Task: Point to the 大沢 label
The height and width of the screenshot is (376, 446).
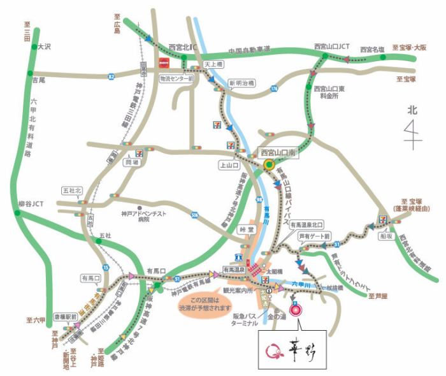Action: click(x=44, y=47)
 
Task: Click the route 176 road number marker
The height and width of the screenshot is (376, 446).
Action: click(x=275, y=88)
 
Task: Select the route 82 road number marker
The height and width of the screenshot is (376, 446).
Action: click(x=111, y=76)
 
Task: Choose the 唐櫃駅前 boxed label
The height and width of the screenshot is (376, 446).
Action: click(x=66, y=316)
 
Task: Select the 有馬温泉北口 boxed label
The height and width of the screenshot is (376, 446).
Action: click(x=306, y=225)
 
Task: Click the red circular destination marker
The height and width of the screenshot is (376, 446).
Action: click(x=296, y=311)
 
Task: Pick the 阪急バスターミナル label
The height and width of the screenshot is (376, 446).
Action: click(x=248, y=319)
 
